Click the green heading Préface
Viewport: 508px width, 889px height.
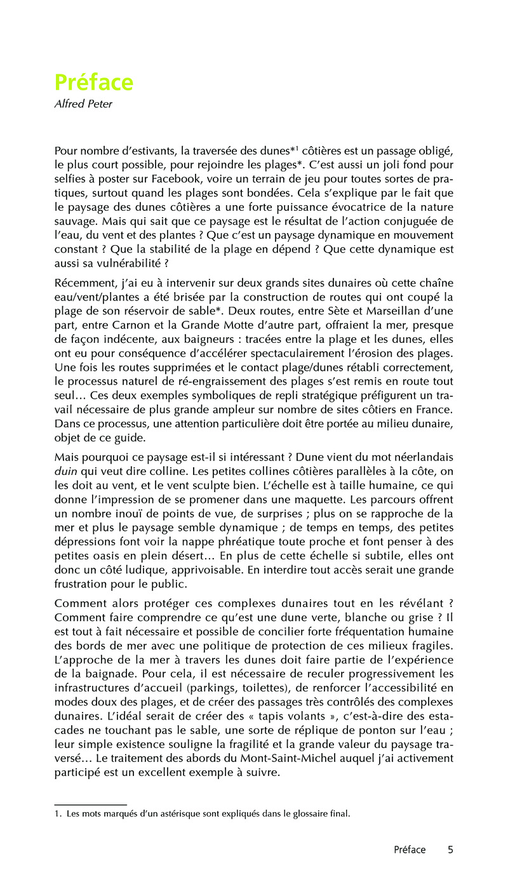click(x=94, y=83)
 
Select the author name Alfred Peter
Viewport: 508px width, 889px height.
click(x=83, y=104)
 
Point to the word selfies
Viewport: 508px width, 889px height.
click(x=70, y=178)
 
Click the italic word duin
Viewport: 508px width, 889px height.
click(x=66, y=471)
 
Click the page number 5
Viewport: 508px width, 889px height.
click(x=450, y=850)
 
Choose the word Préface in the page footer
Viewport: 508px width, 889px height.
click(x=410, y=850)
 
